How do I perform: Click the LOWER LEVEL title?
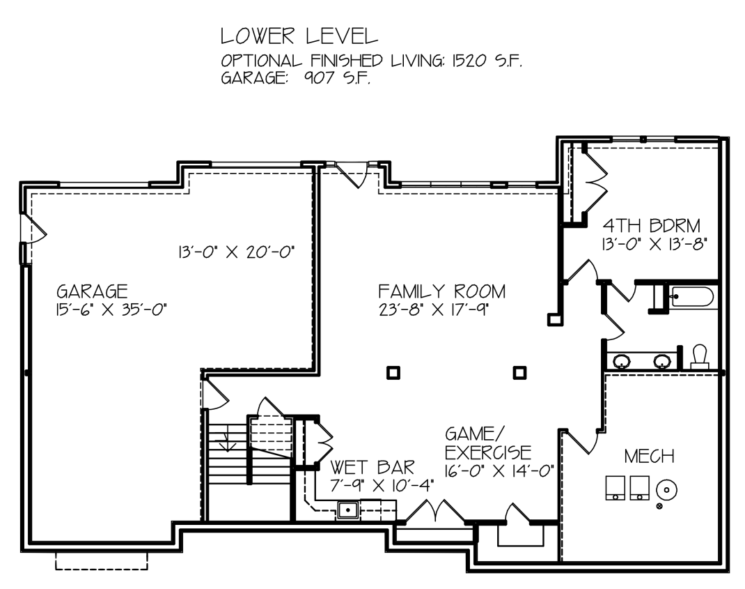[x=299, y=36]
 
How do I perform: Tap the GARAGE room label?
[x=92, y=291]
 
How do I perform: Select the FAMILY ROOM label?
[x=442, y=291]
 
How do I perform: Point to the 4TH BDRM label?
[x=652, y=225]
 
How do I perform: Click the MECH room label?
[x=649, y=457]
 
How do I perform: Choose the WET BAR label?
[x=372, y=467]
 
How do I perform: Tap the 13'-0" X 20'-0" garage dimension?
[x=237, y=252]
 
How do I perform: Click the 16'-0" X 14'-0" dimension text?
[x=499, y=471]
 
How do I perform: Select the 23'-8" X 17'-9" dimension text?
[x=434, y=309]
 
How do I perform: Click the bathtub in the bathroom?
[x=692, y=298]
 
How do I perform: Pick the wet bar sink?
[x=348, y=510]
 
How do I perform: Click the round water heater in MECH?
[x=666, y=489]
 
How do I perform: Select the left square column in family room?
[x=393, y=372]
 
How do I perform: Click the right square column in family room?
[x=520, y=372]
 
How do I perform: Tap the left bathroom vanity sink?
[x=622, y=362]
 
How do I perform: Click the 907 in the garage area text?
[x=320, y=77]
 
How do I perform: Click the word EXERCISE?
[x=488, y=452]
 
